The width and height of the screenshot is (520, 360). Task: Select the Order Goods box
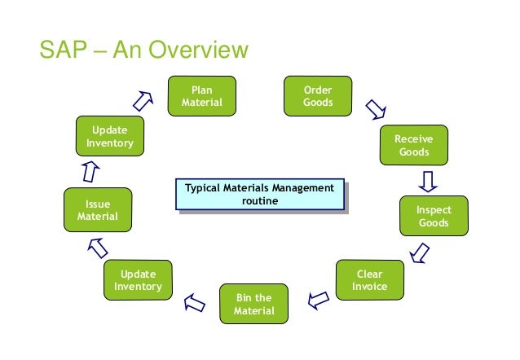click(317, 96)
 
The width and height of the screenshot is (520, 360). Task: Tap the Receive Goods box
click(413, 146)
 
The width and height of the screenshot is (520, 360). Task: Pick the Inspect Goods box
click(433, 217)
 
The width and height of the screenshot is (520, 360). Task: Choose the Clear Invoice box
click(369, 280)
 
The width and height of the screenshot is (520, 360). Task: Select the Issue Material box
click(97, 210)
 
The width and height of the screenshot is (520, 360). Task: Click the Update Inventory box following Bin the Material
click(138, 280)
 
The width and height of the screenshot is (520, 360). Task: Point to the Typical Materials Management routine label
click(259, 195)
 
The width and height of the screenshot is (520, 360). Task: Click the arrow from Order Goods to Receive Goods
click(375, 108)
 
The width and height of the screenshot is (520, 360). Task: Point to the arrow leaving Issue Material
click(90, 172)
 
